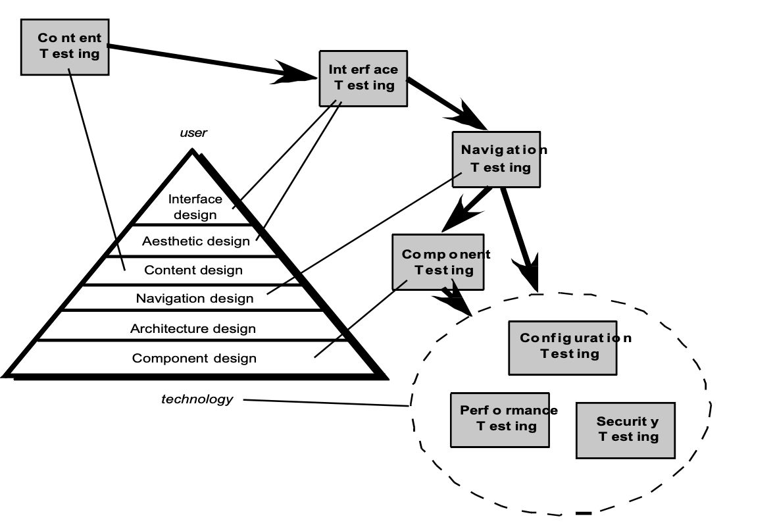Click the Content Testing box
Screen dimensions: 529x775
pos(64,46)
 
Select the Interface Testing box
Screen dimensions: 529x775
pos(363,77)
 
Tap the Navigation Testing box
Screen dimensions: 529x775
pos(497,160)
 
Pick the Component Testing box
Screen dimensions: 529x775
pos(438,262)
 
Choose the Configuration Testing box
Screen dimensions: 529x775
pos(563,347)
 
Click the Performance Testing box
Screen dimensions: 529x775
pos(500,419)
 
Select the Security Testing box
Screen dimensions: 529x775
pos(625,430)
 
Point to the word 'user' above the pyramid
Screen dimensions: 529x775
pos(193,133)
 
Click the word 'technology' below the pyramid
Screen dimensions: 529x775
pos(197,399)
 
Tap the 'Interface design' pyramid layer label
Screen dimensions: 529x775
pos(195,207)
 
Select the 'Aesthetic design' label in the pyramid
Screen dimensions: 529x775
pos(196,241)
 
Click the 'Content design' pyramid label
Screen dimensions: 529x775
pos(193,270)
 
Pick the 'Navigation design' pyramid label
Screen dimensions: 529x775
pos(195,298)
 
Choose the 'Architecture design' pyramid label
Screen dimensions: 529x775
pos(193,328)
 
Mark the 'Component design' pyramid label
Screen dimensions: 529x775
pos(194,359)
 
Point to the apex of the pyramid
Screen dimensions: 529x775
pos(193,152)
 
